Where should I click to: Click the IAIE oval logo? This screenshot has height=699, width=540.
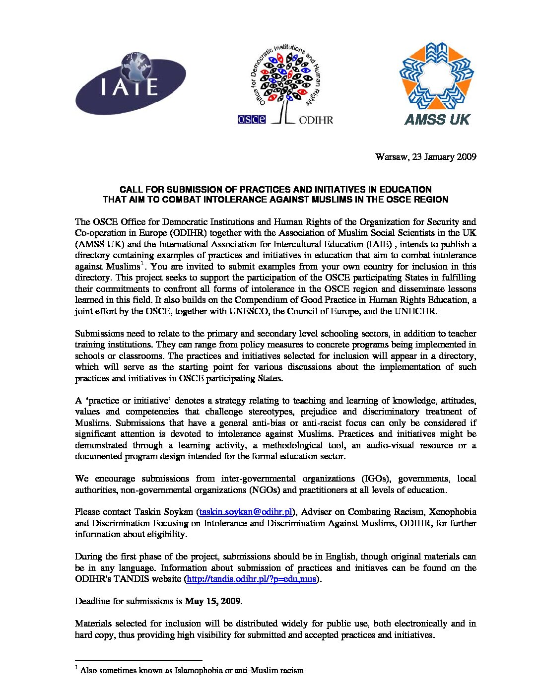tap(131, 83)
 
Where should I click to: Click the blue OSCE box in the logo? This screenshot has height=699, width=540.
tap(252, 119)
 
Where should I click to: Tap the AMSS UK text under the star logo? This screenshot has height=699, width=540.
tap(437, 119)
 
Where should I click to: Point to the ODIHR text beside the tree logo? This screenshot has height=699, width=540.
tap(316, 120)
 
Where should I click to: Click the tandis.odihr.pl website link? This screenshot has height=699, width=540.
tap(250, 579)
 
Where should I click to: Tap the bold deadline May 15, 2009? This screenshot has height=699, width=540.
tap(212, 601)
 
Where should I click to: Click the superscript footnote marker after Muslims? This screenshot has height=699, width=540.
tap(142, 263)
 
